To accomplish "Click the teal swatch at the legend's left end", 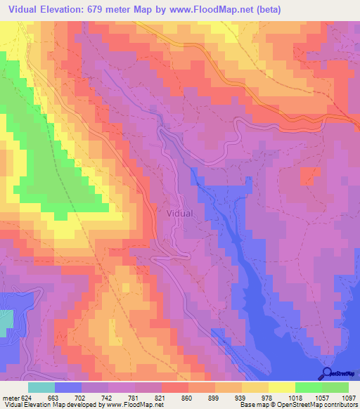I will coord(41,387).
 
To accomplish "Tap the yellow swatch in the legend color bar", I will coord(282,387).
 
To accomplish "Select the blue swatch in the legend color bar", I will coord(68,387).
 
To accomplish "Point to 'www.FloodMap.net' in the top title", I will coord(220,9).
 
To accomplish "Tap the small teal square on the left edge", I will coord(6,322).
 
